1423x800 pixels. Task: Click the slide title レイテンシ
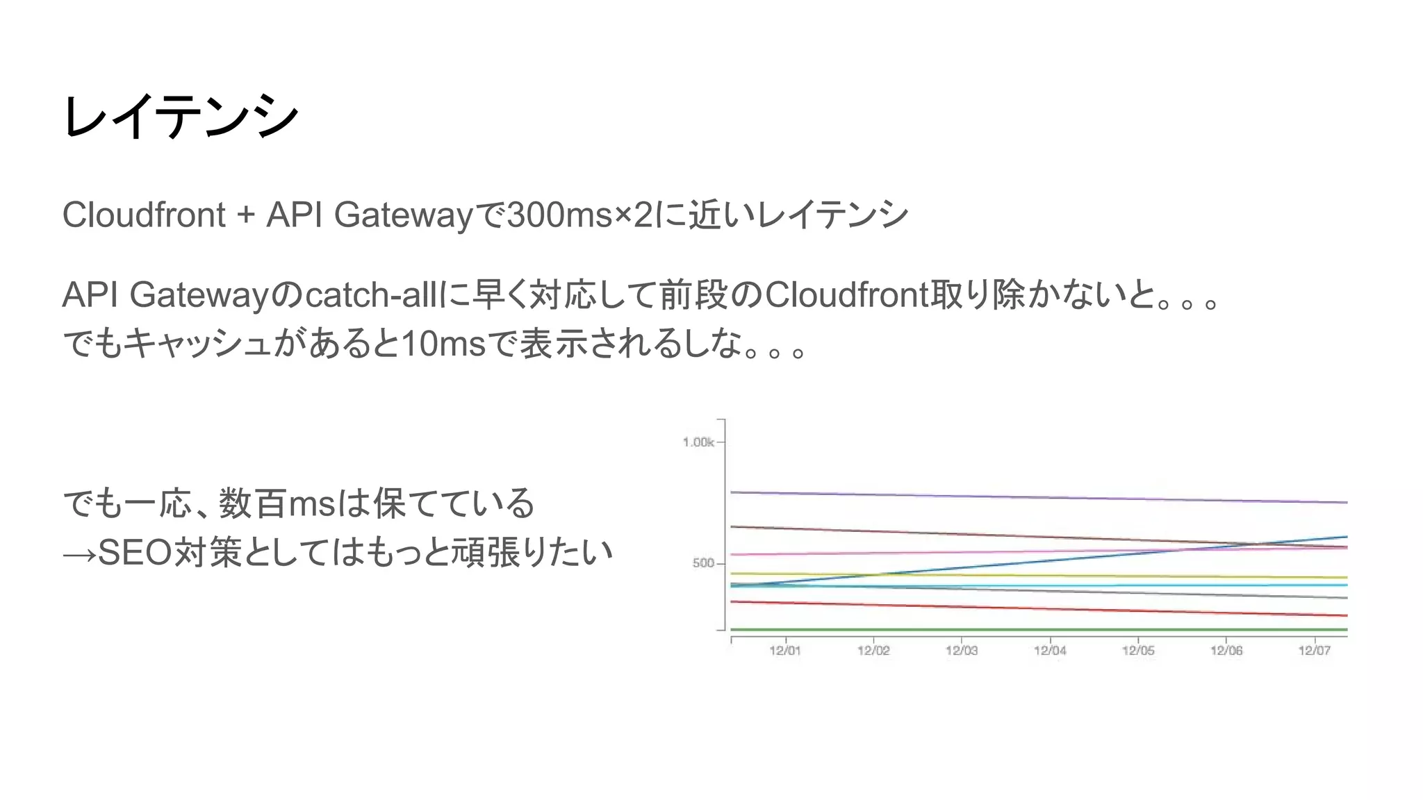click(181, 117)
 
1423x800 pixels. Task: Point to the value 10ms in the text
click(443, 344)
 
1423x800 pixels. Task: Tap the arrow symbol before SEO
click(79, 554)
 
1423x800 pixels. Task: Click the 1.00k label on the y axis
click(698, 442)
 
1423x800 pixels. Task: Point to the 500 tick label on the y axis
click(703, 563)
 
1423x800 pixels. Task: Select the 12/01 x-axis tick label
click(785, 651)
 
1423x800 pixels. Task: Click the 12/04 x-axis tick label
click(1050, 651)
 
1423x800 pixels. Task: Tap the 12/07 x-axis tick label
click(1315, 651)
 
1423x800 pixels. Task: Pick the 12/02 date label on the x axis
click(873, 651)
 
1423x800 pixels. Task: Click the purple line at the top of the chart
click(1042, 497)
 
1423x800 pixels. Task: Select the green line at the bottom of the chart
click(1042, 630)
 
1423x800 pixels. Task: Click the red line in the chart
click(1042, 609)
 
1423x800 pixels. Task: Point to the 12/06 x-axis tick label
click(1226, 651)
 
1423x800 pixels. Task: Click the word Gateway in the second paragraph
click(199, 295)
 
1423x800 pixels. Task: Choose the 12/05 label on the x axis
click(1138, 651)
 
